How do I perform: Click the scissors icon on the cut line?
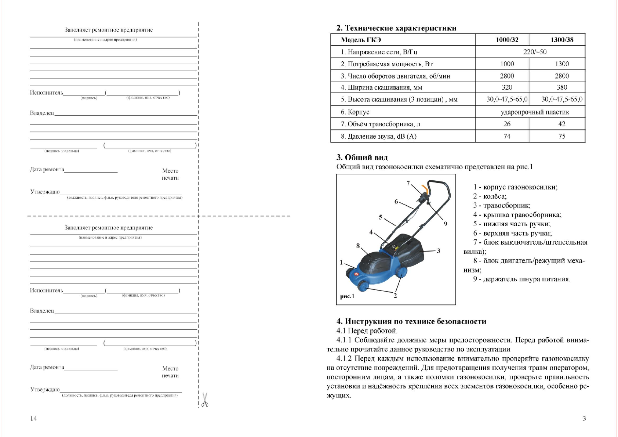click(205, 400)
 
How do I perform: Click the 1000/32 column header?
click(507, 40)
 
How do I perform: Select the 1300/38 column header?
click(561, 40)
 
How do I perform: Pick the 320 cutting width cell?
click(507, 87)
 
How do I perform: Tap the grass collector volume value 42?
click(561, 124)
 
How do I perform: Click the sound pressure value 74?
click(507, 137)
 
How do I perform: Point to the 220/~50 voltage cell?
click(535, 52)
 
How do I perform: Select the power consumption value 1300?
click(561, 64)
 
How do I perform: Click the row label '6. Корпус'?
click(355, 112)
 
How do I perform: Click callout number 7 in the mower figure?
click(408, 183)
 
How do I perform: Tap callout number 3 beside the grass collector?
click(438, 251)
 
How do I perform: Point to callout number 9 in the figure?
click(445, 224)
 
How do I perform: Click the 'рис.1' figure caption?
click(347, 296)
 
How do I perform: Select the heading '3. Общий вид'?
click(362, 158)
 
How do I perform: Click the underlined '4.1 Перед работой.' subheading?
click(367, 331)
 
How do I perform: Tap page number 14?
click(33, 419)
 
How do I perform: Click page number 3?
click(584, 419)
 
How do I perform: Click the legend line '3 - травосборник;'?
click(501, 206)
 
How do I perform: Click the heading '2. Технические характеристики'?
click(396, 28)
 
